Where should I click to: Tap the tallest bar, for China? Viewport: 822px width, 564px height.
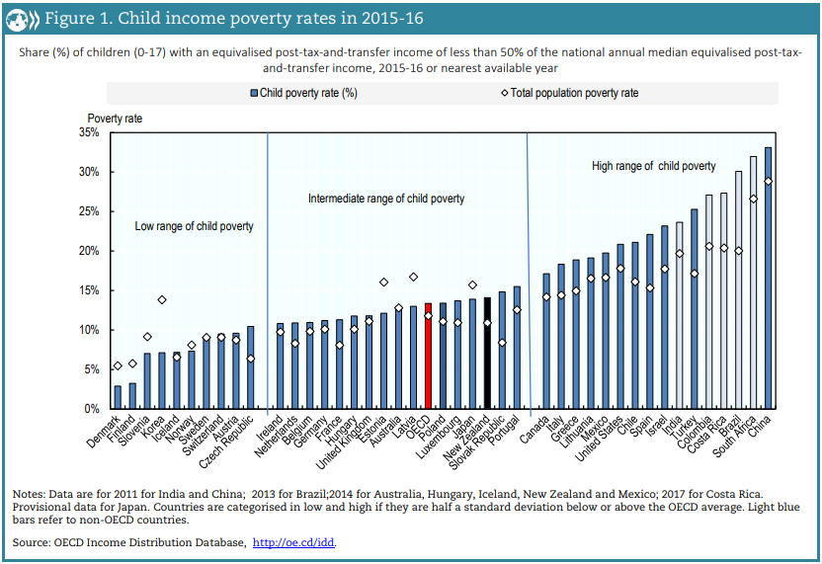click(x=768, y=278)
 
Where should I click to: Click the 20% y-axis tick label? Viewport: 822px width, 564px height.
click(x=88, y=251)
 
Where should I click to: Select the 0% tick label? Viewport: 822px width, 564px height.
click(x=91, y=409)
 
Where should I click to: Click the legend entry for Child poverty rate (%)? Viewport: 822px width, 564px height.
click(x=307, y=93)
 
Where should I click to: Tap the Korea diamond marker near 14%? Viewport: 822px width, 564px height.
click(x=162, y=299)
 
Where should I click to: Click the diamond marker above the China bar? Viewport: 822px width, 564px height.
click(x=768, y=182)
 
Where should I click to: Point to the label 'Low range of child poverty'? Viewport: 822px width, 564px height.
click(x=194, y=226)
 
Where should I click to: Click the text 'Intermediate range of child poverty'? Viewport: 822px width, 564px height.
click(x=386, y=199)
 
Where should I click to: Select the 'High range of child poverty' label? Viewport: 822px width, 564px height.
click(x=653, y=166)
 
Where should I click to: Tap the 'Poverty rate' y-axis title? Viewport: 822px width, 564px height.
click(x=115, y=118)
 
